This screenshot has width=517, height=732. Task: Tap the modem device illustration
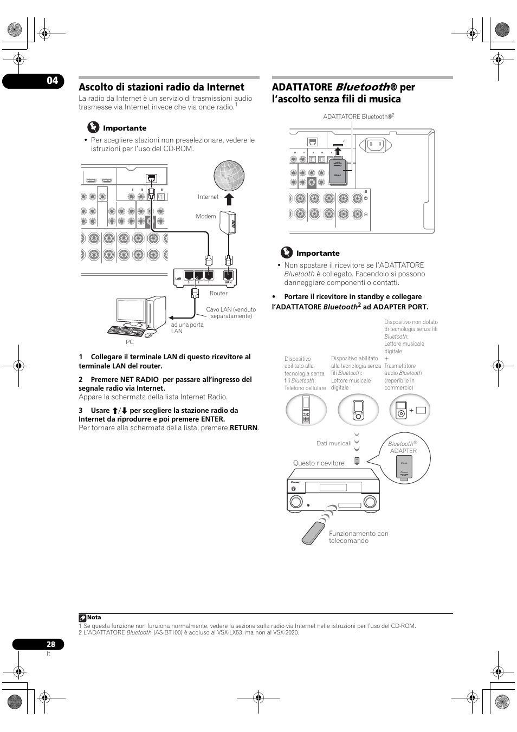point(228,222)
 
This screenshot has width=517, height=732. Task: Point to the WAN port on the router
point(229,276)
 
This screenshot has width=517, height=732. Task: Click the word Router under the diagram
point(218,293)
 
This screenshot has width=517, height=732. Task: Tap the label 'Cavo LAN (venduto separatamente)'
point(231,313)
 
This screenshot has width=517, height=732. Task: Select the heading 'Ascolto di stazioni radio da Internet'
point(161,87)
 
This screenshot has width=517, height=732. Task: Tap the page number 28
point(50,644)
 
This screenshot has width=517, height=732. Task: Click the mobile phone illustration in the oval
point(306,409)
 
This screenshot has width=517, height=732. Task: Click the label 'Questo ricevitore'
point(319,463)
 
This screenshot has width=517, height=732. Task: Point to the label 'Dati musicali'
point(334,443)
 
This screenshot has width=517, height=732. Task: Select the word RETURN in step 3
point(243,428)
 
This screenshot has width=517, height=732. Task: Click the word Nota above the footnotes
point(94,617)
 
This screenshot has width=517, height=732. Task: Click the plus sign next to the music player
point(411,411)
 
